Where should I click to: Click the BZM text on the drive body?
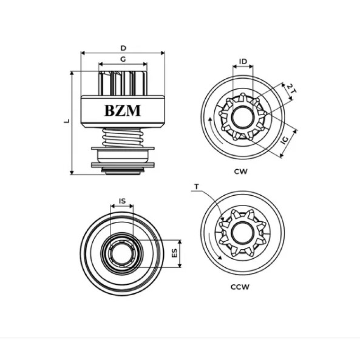[x=122, y=110]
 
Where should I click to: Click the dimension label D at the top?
[x=123, y=48]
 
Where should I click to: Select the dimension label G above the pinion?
[x=123, y=59]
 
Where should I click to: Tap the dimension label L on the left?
[x=66, y=122]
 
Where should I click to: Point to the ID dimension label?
[x=243, y=61]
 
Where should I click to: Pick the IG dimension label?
[x=284, y=141]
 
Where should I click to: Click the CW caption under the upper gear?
[x=242, y=171]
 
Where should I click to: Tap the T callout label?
[x=196, y=186]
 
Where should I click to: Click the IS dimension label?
[x=122, y=201]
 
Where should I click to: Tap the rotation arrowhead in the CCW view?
[x=220, y=258]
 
